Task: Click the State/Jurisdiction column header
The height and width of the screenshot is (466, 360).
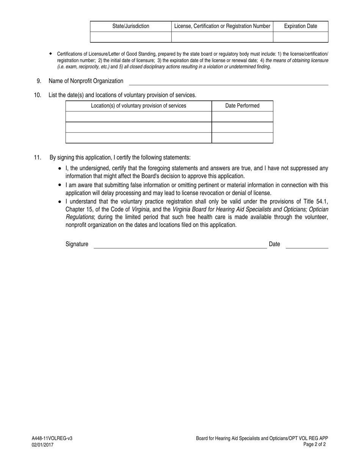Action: [x=131, y=26]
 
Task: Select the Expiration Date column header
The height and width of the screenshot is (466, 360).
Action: [x=301, y=26]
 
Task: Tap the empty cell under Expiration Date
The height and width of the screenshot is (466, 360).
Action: [x=301, y=37]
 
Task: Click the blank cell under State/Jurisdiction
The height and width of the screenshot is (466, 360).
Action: [x=131, y=37]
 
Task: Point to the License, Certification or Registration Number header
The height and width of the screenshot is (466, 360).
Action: [x=222, y=26]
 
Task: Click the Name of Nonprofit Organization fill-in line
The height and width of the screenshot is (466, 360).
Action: [x=229, y=82]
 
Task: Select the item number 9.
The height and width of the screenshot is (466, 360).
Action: [x=39, y=81]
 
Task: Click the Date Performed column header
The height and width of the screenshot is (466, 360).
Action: [x=242, y=106]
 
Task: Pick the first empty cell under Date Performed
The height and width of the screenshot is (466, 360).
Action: [x=242, y=116]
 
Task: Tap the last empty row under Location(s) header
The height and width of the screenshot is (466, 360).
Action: [x=138, y=138]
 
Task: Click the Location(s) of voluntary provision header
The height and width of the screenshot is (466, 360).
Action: [x=138, y=106]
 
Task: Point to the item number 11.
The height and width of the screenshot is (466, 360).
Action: [x=38, y=157]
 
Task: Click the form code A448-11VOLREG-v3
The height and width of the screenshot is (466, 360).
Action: [x=52, y=438]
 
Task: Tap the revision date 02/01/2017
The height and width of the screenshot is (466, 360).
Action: [x=42, y=445]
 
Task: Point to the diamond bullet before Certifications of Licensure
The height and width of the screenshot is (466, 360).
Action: [x=50, y=54]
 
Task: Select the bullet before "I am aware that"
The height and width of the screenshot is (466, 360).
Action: [x=60, y=185]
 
